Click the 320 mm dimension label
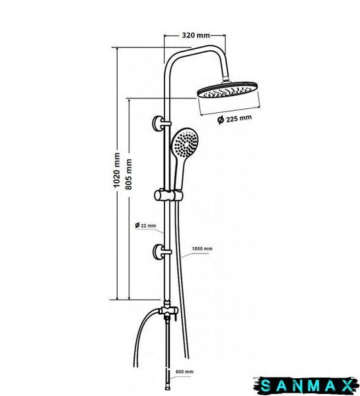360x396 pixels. tap(196, 36)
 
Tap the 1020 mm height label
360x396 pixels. tap(116, 170)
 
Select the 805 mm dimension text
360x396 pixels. tap(129, 174)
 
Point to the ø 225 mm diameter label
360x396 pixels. tap(234, 119)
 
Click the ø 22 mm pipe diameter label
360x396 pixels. tap(145, 225)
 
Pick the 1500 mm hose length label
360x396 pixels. tap(202, 249)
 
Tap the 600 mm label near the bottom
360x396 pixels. tap(184, 372)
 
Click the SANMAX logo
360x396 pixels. tap(306, 386)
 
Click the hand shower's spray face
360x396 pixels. tap(186, 143)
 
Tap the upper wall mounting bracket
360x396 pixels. tap(161, 124)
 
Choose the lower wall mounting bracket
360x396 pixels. tap(161, 252)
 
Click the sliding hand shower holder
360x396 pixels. tap(168, 195)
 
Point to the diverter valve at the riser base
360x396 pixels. tap(168, 311)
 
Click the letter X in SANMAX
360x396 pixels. tap(347, 386)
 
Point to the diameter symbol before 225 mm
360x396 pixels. tap(221, 120)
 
